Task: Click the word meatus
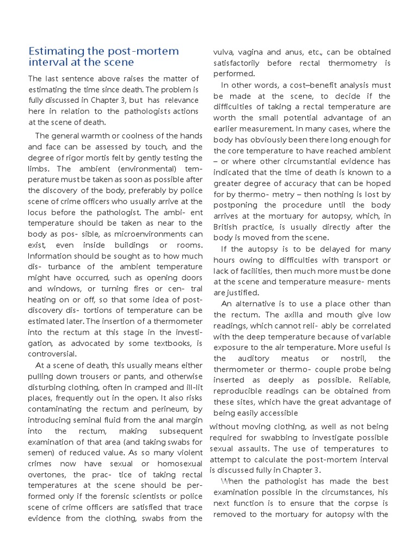click(294, 358)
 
